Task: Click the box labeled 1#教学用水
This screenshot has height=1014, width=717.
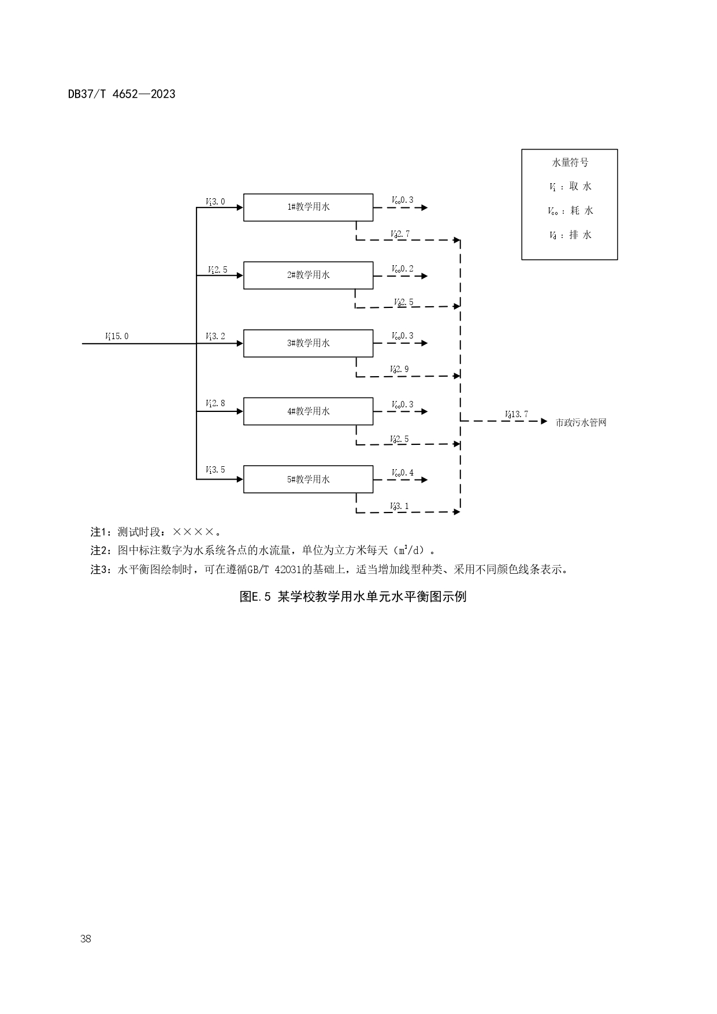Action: (x=308, y=207)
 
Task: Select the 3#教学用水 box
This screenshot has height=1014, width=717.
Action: (x=308, y=343)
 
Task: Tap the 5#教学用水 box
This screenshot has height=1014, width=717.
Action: (x=308, y=480)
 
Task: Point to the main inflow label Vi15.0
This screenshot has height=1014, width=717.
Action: (x=117, y=336)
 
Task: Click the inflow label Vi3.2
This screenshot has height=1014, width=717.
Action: (x=216, y=336)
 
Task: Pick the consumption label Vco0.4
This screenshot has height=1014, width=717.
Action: (x=402, y=473)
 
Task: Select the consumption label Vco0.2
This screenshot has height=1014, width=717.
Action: (x=402, y=269)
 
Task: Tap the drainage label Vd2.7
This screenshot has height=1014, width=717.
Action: (x=400, y=234)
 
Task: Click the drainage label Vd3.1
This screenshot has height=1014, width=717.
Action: (x=399, y=507)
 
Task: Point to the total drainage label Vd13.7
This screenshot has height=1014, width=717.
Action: (x=516, y=414)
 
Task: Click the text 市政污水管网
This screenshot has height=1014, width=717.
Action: (x=581, y=423)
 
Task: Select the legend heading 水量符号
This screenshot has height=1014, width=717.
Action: (x=570, y=163)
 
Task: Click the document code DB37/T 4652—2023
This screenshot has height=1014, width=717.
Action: (x=121, y=94)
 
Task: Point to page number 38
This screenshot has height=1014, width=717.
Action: (x=86, y=938)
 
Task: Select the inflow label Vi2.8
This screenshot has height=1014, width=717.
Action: (x=216, y=403)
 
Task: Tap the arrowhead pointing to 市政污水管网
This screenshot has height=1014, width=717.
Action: (x=543, y=421)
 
